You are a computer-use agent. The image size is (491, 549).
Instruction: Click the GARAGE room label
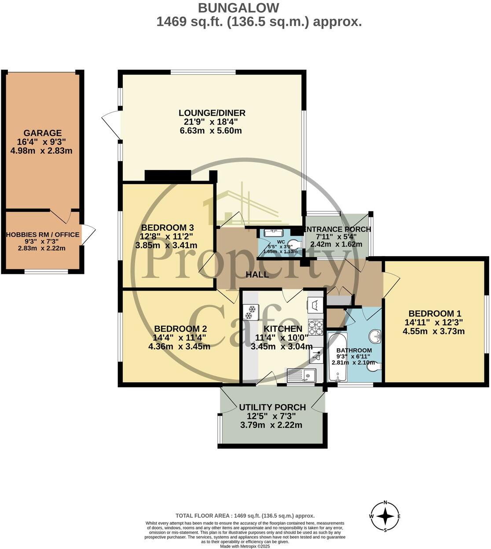(43, 133)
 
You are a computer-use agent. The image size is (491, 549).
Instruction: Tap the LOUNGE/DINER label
(212, 113)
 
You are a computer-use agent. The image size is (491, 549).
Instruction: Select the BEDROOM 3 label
(167, 228)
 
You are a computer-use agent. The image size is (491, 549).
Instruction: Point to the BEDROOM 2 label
(180, 329)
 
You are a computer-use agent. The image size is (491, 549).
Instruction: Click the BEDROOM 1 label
(435, 313)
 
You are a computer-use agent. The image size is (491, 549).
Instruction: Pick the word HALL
(257, 275)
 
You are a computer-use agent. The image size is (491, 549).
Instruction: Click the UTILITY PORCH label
(272, 407)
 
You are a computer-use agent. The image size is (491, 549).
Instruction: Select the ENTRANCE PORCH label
(337, 229)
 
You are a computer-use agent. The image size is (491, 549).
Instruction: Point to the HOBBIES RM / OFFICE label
(43, 235)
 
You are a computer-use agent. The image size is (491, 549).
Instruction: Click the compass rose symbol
(385, 516)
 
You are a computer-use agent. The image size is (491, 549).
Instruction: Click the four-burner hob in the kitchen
(315, 327)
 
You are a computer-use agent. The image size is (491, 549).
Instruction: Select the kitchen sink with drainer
(302, 376)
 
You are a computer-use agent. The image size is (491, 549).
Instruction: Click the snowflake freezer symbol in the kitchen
(251, 312)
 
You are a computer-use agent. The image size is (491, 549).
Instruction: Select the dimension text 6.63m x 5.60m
(212, 131)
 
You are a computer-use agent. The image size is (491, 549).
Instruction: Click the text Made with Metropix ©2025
(245, 546)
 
